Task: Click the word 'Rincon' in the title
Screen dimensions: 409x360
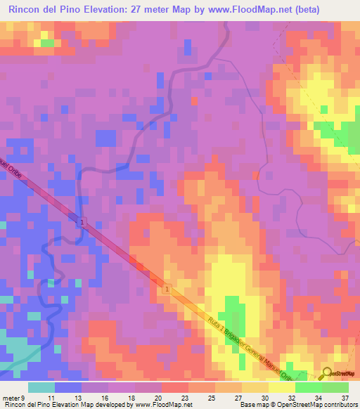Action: pos(26,10)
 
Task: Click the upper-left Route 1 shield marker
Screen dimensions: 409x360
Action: pos(82,222)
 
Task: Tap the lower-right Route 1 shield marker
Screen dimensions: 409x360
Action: pos(167,289)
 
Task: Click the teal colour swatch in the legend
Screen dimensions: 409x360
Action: pos(41,387)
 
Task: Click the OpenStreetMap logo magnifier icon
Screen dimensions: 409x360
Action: pos(328,373)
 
